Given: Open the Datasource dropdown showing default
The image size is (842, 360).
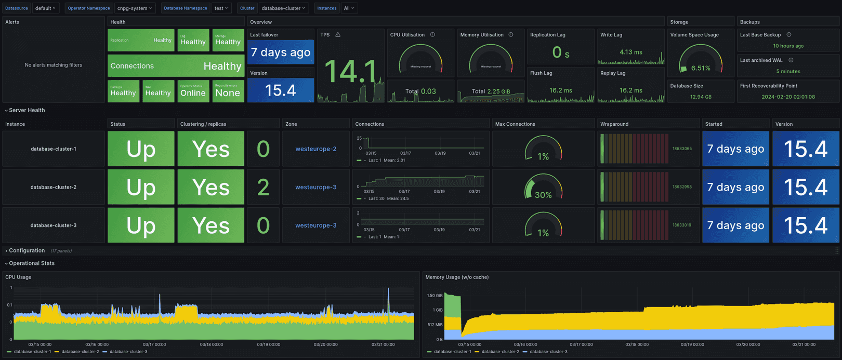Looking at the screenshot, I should tap(46, 8).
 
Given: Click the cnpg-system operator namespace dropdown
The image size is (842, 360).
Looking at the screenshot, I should tap(135, 8).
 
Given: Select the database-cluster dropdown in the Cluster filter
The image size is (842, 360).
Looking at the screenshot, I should tap(284, 8).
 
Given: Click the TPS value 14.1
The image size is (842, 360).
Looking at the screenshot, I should tap(350, 72).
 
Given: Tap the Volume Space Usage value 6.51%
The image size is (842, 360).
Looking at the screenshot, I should tap(701, 68).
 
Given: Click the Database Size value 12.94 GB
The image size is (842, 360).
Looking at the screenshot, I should tap(701, 97).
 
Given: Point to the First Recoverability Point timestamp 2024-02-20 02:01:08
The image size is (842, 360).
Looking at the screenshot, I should tap(788, 97).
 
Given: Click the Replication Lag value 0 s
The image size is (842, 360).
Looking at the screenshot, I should tap(560, 52).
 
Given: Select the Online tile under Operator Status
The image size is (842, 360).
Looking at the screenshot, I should tap(193, 93).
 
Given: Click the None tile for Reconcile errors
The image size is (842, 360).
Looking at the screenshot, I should tap(228, 93).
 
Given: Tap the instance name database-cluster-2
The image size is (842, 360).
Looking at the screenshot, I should tap(54, 187).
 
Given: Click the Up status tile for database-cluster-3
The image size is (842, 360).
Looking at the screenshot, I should tap(141, 225).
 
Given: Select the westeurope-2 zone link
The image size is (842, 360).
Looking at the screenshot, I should tap(315, 149).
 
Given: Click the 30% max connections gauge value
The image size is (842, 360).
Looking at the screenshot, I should tap(543, 195).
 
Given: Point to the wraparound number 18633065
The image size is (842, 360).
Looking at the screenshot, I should tap(682, 149).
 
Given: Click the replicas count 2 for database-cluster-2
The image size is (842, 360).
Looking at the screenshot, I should tap(263, 187).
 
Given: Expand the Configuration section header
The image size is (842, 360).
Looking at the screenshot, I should tap(27, 250).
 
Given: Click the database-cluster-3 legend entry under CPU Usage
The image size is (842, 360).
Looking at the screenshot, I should tap(128, 352).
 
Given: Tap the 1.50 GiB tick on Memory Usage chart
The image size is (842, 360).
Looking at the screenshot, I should tap(435, 296).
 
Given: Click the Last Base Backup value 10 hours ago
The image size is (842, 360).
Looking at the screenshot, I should tap(788, 46).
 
